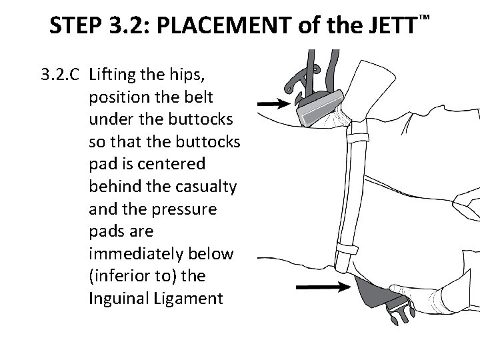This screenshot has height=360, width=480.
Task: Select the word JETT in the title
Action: [388, 25]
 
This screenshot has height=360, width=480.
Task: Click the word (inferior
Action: [116, 277]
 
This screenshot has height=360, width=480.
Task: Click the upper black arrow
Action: [274, 104]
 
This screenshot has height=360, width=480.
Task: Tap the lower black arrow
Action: [323, 287]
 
